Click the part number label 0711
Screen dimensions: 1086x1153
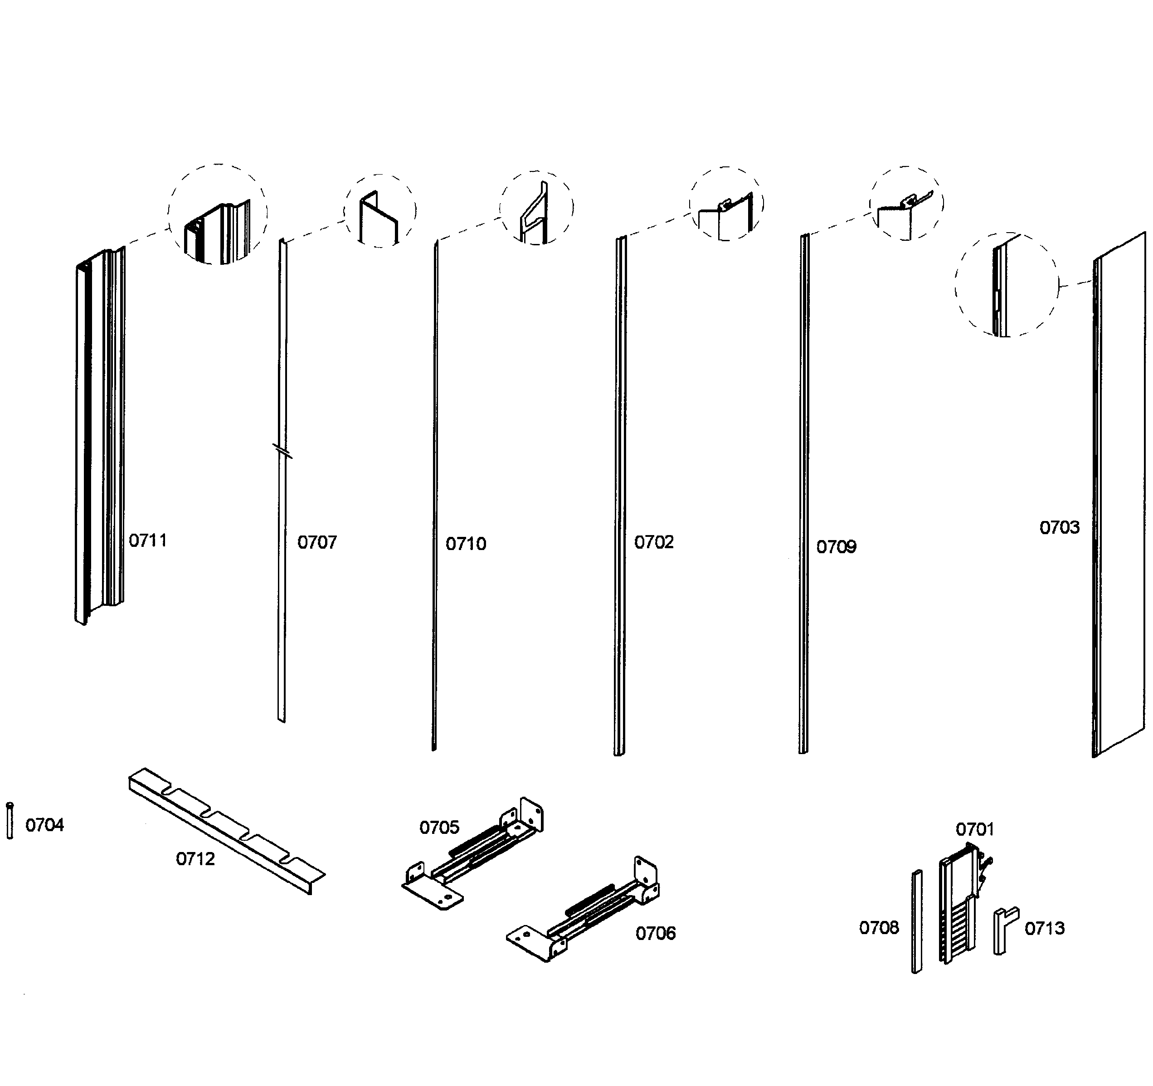147,541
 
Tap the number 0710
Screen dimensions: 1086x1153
466,544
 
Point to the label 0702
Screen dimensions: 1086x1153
654,542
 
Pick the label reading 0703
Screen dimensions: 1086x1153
1059,527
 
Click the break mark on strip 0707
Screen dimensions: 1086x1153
282,450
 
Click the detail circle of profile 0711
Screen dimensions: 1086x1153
218,214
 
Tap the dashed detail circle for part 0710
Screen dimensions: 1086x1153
536,208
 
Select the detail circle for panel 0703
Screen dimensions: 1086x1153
1006,284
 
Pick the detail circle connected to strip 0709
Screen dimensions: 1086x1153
905,203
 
